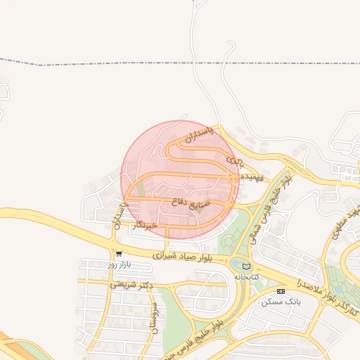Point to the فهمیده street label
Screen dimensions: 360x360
point(251,179)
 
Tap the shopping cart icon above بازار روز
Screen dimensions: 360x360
point(119,255)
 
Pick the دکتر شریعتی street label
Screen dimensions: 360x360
point(130,285)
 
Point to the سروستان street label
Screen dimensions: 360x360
point(153,319)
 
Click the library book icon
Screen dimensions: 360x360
point(245,266)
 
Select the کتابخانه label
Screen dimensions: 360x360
point(245,277)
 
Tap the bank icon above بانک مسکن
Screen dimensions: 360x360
point(281,291)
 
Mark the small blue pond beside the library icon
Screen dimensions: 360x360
point(234,263)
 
